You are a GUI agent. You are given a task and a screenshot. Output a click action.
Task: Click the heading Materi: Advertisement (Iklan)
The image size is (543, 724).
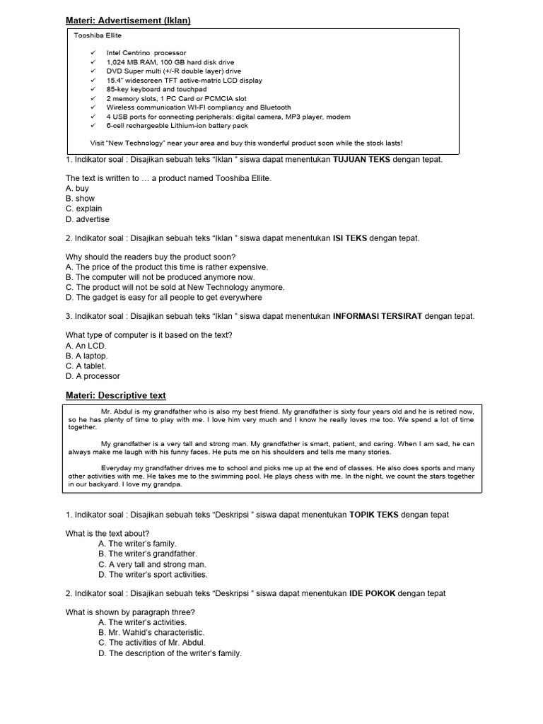click(x=128, y=21)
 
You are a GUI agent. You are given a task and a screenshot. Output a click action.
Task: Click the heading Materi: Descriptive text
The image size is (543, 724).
click(x=116, y=395)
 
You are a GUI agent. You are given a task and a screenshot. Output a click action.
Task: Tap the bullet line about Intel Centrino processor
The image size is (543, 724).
click(x=146, y=53)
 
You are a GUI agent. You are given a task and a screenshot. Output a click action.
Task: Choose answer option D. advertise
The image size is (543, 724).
click(x=88, y=219)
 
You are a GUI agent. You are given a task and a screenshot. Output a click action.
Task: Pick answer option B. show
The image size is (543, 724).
click(x=80, y=199)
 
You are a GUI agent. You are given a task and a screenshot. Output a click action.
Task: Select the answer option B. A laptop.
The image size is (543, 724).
click(x=87, y=356)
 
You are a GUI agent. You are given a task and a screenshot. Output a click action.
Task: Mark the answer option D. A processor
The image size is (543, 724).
click(x=93, y=376)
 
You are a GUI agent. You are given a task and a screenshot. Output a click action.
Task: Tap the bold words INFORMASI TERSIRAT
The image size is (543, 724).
click(x=378, y=316)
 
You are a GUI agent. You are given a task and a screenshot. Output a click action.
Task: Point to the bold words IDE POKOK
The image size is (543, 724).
click(x=372, y=593)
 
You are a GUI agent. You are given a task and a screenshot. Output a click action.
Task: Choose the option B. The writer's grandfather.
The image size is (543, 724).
click(x=148, y=554)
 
